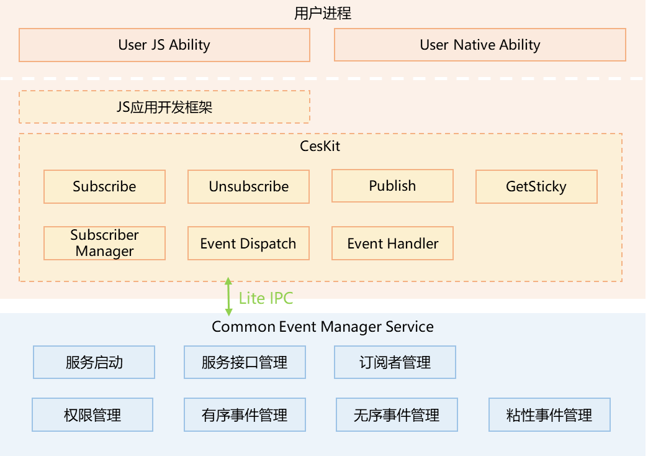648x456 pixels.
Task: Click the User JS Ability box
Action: (164, 45)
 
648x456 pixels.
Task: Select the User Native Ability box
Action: (480, 45)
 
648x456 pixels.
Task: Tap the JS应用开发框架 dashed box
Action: (164, 107)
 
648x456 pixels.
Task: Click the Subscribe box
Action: (104, 186)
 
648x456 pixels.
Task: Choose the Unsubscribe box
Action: (248, 186)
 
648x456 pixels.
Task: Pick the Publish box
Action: (392, 186)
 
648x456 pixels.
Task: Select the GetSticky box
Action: (536, 186)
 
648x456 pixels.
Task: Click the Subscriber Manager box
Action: (104, 243)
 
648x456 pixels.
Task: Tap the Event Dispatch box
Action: (248, 244)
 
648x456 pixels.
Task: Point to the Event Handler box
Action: (392, 244)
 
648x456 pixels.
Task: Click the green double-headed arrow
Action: (228, 297)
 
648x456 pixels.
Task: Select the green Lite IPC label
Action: (266, 298)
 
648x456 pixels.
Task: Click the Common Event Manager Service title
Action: (323, 327)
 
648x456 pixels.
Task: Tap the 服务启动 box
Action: (94, 362)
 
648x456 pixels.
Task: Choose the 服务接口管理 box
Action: (245, 362)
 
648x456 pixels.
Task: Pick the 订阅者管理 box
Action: (395, 362)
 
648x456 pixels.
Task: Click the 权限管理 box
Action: (92, 415)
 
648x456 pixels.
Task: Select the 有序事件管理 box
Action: (245, 415)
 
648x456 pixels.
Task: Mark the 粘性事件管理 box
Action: (549, 415)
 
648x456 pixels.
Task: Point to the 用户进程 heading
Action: (323, 13)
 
